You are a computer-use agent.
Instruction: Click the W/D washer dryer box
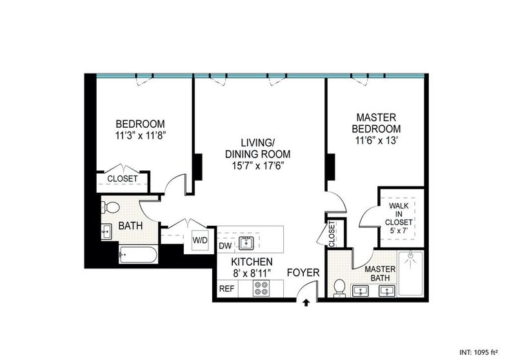200,240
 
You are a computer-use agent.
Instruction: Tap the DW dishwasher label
225,246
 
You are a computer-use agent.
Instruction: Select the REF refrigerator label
227,288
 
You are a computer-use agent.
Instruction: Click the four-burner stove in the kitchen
261,288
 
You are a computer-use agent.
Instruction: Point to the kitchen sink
246,243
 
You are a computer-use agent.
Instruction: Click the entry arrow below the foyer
306,303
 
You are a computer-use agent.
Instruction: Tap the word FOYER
303,272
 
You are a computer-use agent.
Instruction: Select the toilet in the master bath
339,288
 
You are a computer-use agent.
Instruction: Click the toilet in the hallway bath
111,207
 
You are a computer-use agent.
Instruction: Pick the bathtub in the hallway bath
138,255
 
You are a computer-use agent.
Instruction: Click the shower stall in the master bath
411,273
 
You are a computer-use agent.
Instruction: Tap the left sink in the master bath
361,291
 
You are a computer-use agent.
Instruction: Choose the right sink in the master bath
387,291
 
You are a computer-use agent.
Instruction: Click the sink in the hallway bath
106,232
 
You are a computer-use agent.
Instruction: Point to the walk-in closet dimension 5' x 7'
399,231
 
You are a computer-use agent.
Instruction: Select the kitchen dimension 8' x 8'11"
252,273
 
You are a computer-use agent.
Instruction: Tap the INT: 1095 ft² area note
479,352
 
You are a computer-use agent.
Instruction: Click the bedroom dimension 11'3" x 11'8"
140,135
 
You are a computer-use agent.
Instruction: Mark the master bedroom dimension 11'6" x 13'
378,141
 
